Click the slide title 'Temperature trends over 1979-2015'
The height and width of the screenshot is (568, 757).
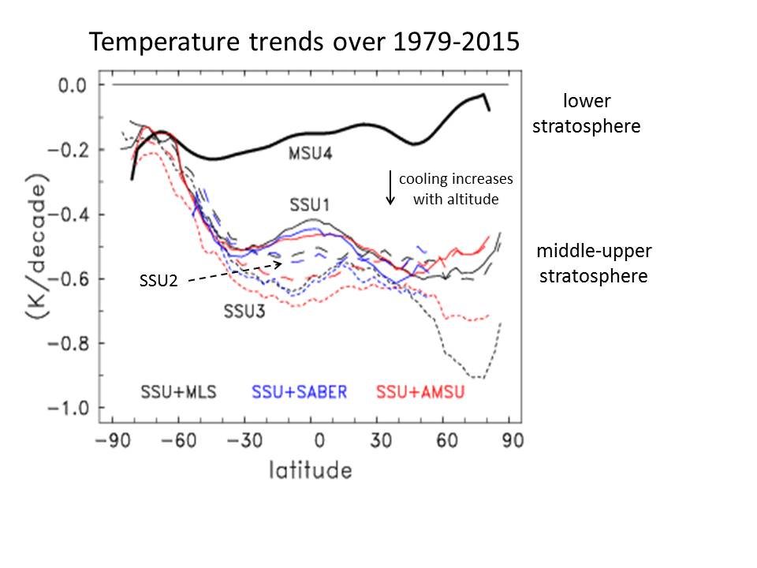tap(304, 41)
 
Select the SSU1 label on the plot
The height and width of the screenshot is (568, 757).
tap(309, 205)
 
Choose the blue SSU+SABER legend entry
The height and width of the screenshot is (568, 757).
tap(300, 391)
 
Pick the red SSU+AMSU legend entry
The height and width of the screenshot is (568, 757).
tap(419, 391)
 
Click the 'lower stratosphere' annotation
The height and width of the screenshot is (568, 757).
tap(587, 113)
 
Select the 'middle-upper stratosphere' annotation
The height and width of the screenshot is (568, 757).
tap(594, 263)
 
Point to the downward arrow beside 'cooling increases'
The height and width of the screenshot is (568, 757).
tap(390, 187)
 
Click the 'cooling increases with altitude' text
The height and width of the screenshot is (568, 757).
tap(456, 189)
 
